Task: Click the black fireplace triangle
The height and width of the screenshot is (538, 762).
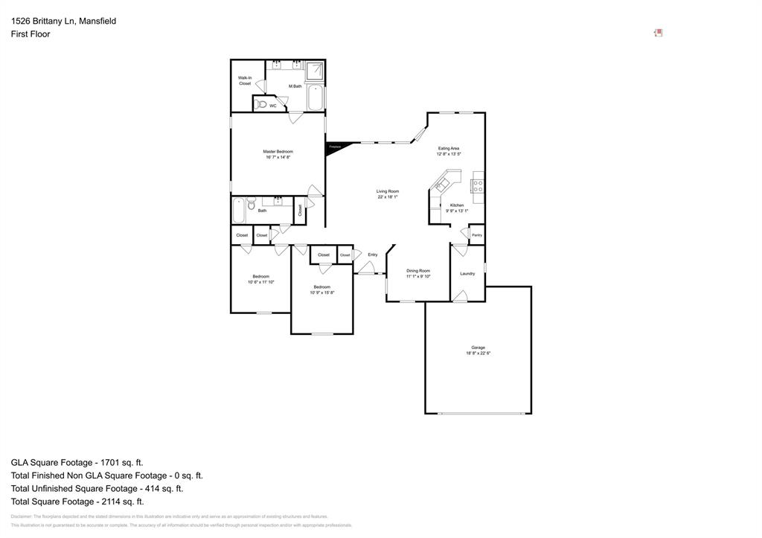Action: pos(332,148)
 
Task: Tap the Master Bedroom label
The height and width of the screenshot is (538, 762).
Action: pos(278,152)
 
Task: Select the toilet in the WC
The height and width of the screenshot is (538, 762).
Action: pos(261,105)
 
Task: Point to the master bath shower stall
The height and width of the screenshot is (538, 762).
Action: pos(315,71)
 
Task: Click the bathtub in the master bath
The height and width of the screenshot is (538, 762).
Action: pos(315,97)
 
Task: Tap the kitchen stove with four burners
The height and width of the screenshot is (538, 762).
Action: pos(478,186)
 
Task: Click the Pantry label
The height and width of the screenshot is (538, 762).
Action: pos(476,235)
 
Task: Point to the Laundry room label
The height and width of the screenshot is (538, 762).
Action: pos(467,274)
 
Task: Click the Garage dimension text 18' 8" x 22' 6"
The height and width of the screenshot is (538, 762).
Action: pos(478,353)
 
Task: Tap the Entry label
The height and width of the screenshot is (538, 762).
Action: pos(372,254)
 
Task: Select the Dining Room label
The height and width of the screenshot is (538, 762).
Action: pos(418,271)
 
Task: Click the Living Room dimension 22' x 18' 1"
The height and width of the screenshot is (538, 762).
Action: pos(388,197)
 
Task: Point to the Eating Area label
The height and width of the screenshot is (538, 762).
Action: pos(449,148)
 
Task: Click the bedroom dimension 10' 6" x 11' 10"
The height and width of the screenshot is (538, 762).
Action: pos(260,282)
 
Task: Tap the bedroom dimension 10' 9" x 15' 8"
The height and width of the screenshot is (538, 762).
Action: pos(321,292)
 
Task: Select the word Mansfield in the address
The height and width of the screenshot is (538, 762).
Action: pos(97,21)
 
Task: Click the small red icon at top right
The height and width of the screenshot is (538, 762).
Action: pos(658,33)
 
